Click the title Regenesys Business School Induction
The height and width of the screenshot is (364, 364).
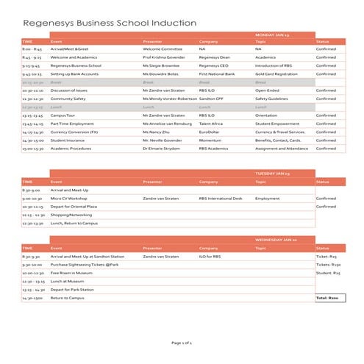click(x=110, y=24)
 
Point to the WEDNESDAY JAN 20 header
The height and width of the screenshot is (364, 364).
click(x=275, y=240)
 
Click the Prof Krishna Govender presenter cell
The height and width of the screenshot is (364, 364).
click(x=163, y=57)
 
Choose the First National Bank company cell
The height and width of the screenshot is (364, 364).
click(x=218, y=74)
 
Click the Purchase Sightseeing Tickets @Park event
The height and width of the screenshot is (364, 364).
click(x=84, y=265)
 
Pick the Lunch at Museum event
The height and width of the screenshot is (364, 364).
click(x=67, y=281)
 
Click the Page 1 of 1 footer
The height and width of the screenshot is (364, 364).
click(x=182, y=343)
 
